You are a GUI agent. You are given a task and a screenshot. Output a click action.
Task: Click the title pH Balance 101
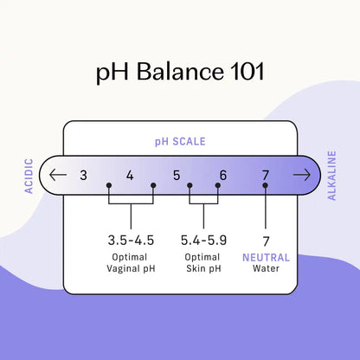tap(180, 72)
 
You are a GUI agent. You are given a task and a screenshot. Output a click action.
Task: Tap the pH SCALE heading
tap(180, 142)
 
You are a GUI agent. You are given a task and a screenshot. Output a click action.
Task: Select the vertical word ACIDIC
tap(29, 176)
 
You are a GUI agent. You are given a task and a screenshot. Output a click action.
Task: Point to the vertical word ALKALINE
tap(331, 176)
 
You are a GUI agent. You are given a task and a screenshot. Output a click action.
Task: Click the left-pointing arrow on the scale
tap(58, 175)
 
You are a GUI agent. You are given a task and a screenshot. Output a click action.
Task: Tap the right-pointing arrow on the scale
tap(302, 175)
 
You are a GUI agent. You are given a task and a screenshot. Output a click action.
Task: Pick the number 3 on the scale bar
tap(83, 175)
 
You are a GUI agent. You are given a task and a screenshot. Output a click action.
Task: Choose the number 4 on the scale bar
tap(130, 175)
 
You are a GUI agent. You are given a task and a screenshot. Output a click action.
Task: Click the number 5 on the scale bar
tap(177, 175)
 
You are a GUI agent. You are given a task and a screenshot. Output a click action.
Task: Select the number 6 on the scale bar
tap(223, 175)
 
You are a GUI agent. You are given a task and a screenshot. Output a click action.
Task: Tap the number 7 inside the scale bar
tap(266, 175)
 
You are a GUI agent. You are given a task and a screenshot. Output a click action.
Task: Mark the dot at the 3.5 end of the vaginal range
tap(109, 185)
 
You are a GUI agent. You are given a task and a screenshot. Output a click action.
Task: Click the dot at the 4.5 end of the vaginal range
tap(153, 185)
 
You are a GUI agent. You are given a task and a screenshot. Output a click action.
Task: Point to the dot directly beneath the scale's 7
tap(266, 185)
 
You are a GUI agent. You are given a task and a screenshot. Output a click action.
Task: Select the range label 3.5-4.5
tap(131, 241)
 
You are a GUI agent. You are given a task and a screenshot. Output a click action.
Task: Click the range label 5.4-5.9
tap(203, 241)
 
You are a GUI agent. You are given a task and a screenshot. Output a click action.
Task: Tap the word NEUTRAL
tap(266, 257)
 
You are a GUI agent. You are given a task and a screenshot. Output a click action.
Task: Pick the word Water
tap(266, 268)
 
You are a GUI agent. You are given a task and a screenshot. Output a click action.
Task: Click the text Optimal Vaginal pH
tap(131, 263)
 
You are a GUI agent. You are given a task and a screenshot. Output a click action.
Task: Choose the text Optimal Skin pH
tap(203, 263)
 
